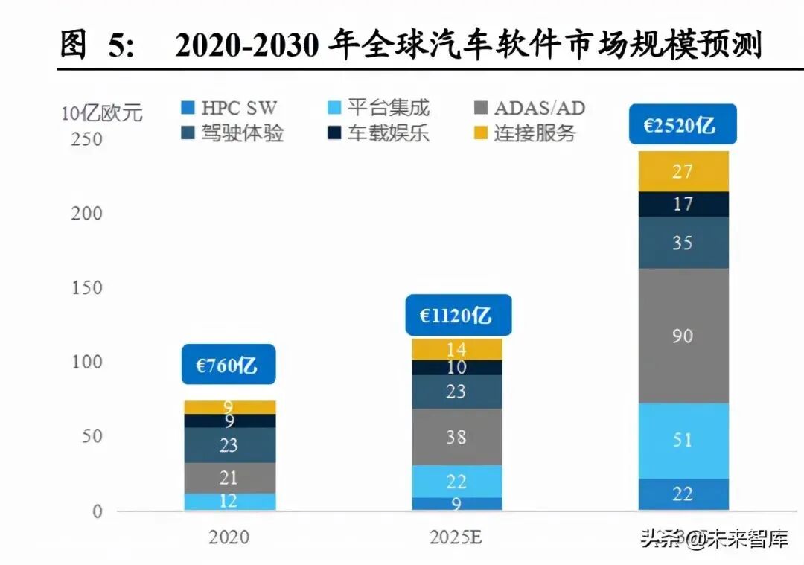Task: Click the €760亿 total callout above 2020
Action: (x=229, y=364)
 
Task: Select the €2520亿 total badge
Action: (x=681, y=124)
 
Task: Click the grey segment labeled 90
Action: (x=682, y=336)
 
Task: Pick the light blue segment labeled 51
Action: (x=682, y=440)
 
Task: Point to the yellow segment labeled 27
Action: (x=682, y=172)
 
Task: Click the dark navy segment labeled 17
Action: (x=682, y=204)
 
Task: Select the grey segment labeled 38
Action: (x=456, y=437)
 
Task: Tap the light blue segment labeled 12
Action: (x=229, y=502)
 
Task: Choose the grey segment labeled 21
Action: (x=229, y=477)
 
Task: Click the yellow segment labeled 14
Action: (x=456, y=349)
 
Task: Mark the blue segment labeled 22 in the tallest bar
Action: (x=682, y=494)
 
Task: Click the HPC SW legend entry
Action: (x=231, y=108)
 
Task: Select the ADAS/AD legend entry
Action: (x=529, y=108)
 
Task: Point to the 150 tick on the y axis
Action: (x=86, y=288)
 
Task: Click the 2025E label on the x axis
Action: (x=456, y=537)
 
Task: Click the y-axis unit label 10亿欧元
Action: (x=101, y=114)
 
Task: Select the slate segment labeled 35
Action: (x=682, y=243)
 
